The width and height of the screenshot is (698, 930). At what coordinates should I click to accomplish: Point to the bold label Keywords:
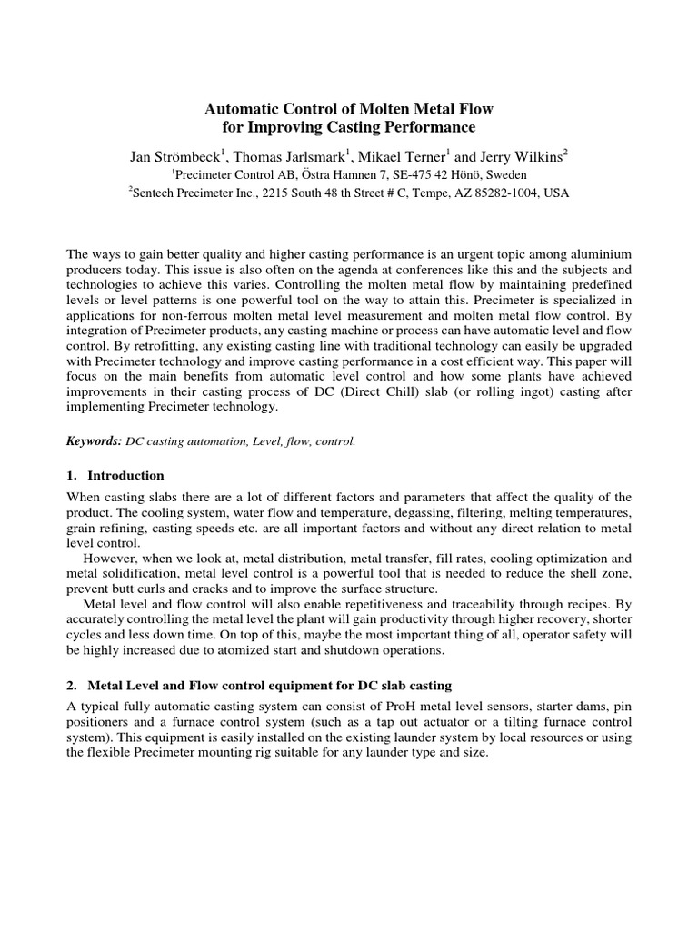click(x=95, y=440)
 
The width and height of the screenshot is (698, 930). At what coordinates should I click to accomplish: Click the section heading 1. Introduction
click(x=115, y=475)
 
